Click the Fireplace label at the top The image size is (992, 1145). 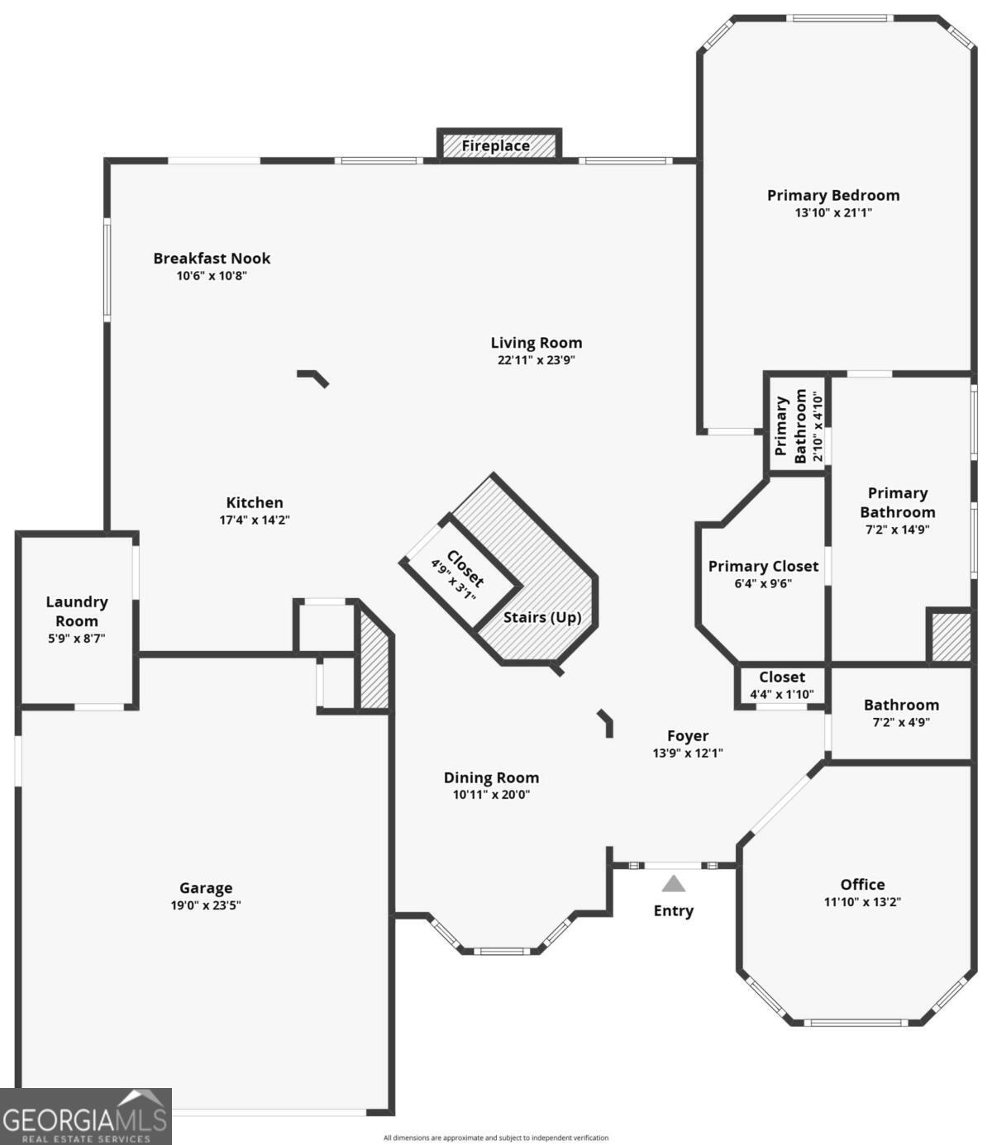(x=495, y=146)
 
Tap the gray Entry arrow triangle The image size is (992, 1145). (x=674, y=884)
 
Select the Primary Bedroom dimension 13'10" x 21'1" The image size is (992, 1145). (x=833, y=212)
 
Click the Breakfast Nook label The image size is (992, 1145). (x=212, y=258)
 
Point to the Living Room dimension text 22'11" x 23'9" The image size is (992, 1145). (x=536, y=360)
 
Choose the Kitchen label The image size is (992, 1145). (x=255, y=502)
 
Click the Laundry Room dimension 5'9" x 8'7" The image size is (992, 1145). (x=76, y=639)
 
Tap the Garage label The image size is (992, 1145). (x=206, y=888)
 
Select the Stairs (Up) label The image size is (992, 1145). (x=542, y=617)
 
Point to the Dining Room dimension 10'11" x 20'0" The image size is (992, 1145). (x=491, y=795)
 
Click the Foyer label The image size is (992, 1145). (x=688, y=735)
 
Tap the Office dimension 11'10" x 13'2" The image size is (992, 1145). (x=862, y=901)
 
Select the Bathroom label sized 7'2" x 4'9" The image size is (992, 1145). (x=901, y=705)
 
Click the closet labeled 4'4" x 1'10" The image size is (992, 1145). (x=781, y=686)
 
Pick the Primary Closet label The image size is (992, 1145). (x=763, y=566)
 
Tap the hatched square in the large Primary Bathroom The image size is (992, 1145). (x=950, y=636)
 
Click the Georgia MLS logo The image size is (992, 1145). (x=85, y=1117)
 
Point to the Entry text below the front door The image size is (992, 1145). (x=674, y=910)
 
